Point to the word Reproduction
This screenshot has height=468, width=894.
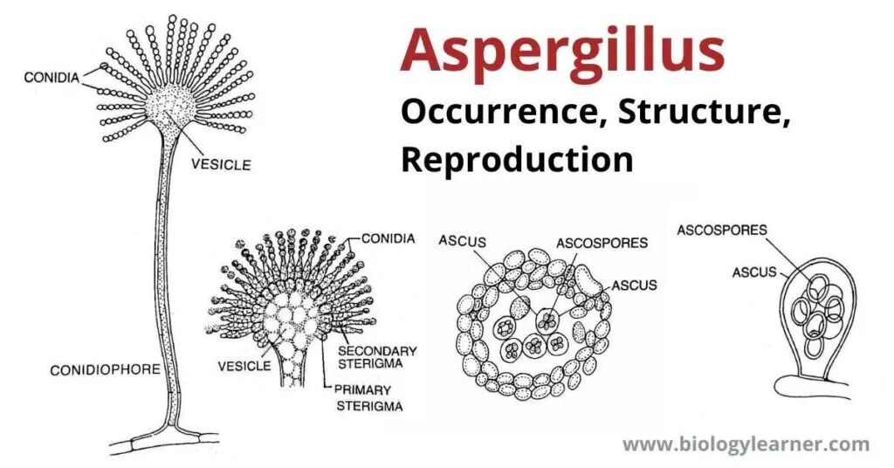[517, 160]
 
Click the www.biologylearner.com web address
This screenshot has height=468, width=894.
[746, 444]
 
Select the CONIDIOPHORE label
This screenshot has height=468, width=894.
[106, 370]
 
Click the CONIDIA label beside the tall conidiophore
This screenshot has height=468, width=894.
[52, 78]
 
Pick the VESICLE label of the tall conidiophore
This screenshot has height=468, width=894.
[221, 165]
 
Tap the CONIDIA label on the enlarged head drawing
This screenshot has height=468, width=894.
[389, 238]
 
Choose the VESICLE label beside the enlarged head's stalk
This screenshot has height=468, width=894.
[244, 365]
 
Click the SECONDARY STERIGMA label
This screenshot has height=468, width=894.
[377, 357]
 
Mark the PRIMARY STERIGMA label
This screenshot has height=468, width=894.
[369, 398]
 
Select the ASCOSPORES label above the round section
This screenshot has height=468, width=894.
[602, 243]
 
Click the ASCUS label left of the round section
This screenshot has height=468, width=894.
[463, 241]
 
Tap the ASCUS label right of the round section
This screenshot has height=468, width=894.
[634, 285]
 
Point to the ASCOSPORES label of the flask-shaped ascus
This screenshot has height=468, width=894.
[722, 231]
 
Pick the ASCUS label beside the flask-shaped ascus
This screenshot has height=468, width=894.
[754, 272]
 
